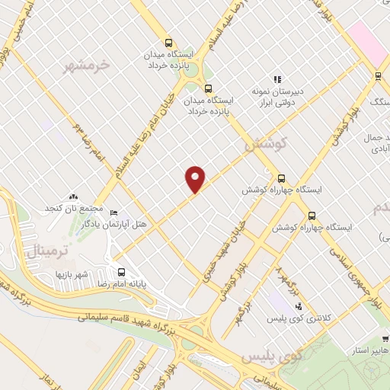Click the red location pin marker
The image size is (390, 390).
196,179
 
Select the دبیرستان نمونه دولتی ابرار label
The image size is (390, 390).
278,96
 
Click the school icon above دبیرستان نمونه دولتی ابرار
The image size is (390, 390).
278,78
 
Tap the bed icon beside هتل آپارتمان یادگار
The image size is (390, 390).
114,213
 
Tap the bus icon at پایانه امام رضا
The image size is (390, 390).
121,272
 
